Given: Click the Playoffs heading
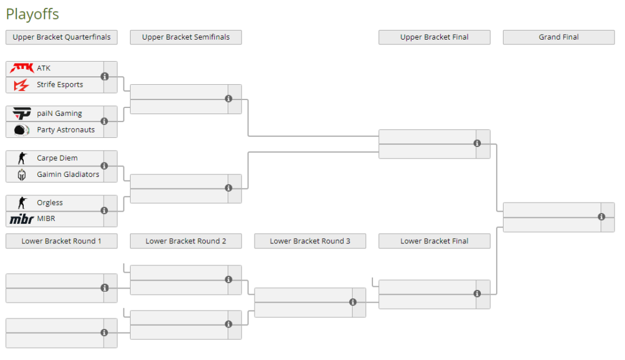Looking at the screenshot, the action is click(32, 14).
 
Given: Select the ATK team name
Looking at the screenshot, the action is click(43, 68).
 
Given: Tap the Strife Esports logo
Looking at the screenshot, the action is click(21, 85).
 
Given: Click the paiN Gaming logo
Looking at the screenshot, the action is click(21, 113).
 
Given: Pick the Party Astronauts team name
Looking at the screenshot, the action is click(66, 129).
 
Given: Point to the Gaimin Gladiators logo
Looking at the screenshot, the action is click(21, 175).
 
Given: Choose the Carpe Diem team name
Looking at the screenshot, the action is click(57, 158).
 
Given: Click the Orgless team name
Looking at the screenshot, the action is click(50, 203).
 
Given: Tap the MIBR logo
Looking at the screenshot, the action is click(21, 219).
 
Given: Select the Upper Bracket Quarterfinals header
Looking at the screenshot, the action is click(62, 37).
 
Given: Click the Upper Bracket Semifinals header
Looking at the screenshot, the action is click(186, 37).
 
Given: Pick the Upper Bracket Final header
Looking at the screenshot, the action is click(435, 37).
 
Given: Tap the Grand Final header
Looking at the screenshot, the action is click(559, 37).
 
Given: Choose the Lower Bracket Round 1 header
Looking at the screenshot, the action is click(62, 241).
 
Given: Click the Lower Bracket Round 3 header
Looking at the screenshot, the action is click(310, 241).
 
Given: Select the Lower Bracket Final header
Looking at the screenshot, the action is click(435, 241).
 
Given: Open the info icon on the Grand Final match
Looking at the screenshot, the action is click(601, 217).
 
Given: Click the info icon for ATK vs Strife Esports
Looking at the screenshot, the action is click(105, 76).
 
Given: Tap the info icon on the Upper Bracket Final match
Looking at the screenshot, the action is click(477, 143).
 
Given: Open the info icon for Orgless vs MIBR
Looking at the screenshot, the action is click(104, 211).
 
